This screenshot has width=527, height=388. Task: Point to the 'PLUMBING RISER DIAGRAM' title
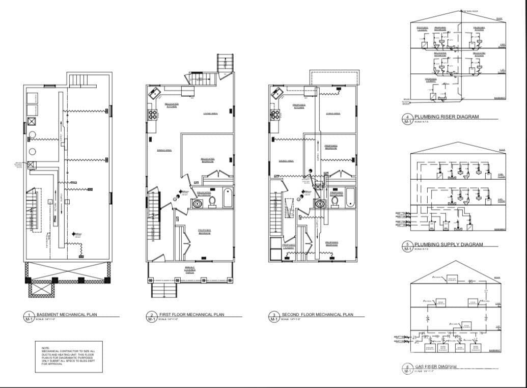click(x=447, y=117)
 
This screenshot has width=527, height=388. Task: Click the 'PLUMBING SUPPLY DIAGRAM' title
click(x=449, y=244)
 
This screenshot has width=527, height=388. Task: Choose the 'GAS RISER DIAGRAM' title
click(x=436, y=367)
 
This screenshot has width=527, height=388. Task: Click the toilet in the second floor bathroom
click(x=335, y=202)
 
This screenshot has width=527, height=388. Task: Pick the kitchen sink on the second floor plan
click(x=277, y=93)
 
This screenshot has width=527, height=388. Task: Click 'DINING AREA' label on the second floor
click(x=286, y=161)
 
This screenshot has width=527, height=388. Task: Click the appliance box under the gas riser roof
click(x=452, y=279)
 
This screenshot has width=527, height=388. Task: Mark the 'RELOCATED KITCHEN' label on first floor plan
click(x=171, y=104)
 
